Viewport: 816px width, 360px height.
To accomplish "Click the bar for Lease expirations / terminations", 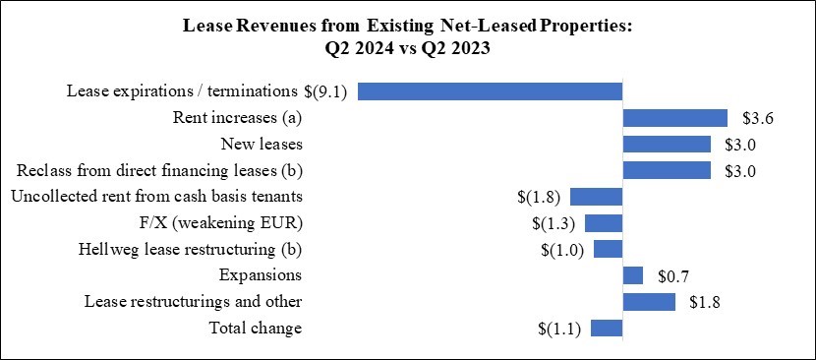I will [490, 91].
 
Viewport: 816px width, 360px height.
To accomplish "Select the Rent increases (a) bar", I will [674, 118].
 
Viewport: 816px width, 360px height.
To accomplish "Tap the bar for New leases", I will [667, 145].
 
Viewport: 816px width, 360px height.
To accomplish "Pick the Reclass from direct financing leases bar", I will [667, 170].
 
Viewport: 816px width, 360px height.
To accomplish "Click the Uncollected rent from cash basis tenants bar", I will [596, 196].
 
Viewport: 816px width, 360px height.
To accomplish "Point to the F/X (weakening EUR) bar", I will [603, 222].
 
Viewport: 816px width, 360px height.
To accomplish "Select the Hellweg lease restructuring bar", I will [608, 249].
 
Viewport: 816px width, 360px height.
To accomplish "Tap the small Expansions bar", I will [632, 274].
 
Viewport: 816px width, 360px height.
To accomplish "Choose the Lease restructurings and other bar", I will [649, 301].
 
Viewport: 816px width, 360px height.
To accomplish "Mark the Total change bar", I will [607, 328].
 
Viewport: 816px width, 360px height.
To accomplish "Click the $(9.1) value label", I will [328, 91].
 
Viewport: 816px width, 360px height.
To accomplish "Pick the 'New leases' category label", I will [261, 145].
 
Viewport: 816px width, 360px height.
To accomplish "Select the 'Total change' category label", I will [255, 328].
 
